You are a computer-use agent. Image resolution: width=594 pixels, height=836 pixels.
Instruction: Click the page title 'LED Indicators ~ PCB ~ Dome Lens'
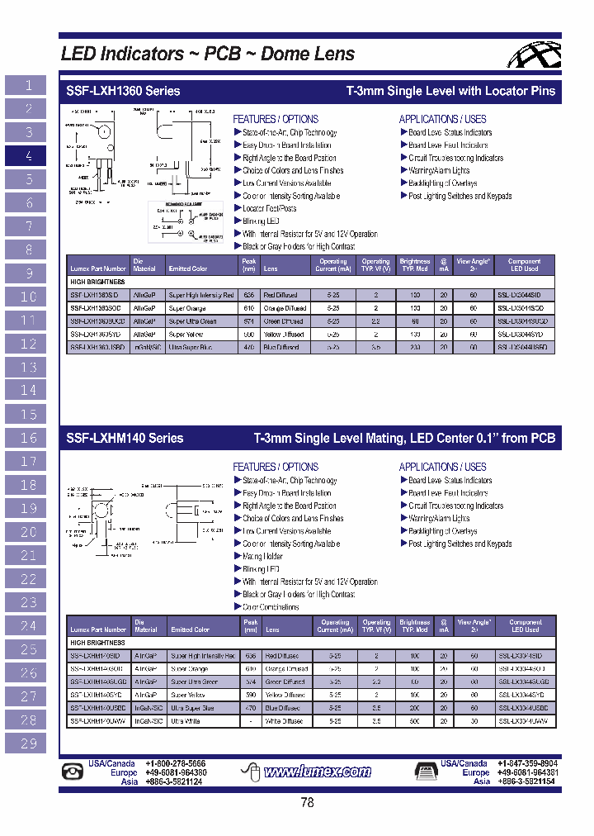click(208, 55)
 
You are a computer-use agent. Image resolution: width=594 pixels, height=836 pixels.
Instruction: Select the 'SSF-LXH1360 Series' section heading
click(123, 91)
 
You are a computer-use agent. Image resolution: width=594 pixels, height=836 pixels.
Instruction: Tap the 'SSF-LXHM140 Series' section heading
click(125, 439)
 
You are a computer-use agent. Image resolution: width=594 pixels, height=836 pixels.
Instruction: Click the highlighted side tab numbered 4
click(29, 155)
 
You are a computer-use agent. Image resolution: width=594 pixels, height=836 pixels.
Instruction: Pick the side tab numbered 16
click(29, 438)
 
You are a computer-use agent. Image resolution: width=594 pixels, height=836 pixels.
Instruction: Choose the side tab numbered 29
click(29, 743)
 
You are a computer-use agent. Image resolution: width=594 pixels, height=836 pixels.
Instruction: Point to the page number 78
click(307, 802)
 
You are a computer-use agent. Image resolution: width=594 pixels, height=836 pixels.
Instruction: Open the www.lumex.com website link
click(317, 772)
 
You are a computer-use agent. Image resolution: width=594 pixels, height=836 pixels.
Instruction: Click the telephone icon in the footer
click(74, 772)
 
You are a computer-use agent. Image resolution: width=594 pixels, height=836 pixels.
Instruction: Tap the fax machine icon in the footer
click(427, 772)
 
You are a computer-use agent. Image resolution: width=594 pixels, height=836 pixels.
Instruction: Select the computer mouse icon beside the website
click(252, 772)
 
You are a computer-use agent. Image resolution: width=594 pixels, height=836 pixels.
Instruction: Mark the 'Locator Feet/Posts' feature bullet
click(270, 209)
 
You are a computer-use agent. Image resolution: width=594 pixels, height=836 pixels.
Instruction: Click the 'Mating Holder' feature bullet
click(263, 557)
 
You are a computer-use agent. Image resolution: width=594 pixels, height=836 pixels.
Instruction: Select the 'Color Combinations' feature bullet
click(272, 607)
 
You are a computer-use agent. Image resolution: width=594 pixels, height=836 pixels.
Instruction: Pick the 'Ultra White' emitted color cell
click(186, 721)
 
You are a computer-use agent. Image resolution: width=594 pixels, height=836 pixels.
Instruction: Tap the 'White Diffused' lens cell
click(284, 721)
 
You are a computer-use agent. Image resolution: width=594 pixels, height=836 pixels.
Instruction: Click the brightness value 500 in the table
click(414, 721)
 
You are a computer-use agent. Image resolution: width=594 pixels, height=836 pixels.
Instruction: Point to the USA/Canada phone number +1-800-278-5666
click(175, 764)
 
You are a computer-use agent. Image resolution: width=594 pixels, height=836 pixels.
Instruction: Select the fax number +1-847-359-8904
click(526, 764)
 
